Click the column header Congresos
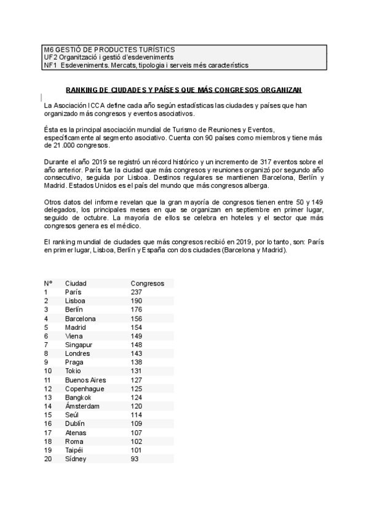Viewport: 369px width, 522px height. tap(148, 283)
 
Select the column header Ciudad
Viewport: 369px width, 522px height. tap(76, 283)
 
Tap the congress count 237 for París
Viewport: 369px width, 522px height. tap(137, 292)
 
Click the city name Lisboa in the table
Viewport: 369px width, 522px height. tap(75, 300)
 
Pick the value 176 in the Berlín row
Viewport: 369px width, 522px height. tap(137, 310)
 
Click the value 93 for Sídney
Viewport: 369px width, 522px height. tap(135, 459)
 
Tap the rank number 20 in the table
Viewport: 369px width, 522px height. tap(47, 459)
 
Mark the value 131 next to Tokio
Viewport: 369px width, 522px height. tap(137, 371)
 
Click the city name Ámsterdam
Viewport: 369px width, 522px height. tap(82, 406)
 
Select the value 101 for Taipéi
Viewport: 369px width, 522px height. tap(137, 450)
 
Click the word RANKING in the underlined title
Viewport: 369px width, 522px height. tap(84, 90)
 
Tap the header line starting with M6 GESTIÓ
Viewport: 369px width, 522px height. tap(108, 49)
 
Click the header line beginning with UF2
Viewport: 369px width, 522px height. tap(108, 57)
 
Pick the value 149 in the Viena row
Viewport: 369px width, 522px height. tap(137, 336)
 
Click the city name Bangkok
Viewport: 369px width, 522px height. tap(78, 398)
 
